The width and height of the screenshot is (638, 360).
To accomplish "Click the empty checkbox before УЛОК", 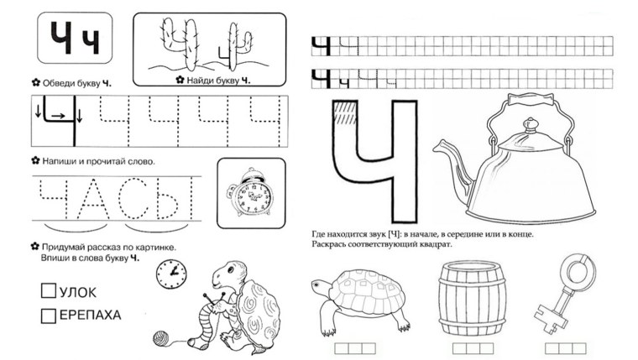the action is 49,290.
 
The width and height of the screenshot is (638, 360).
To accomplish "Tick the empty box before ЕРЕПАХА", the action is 49,316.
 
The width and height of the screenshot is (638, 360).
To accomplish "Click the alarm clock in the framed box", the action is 250,192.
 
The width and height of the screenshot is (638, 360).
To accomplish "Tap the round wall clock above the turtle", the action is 172,274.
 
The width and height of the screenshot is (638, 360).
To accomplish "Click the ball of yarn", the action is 161,338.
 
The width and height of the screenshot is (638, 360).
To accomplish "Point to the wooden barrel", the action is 473,298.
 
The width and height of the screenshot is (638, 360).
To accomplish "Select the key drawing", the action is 566,291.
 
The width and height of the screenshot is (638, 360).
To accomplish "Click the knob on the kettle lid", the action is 531,124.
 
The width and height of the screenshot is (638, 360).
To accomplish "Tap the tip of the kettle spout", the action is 436,149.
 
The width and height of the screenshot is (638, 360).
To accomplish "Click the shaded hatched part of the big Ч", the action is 345,112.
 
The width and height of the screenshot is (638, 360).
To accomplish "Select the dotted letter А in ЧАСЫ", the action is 93,199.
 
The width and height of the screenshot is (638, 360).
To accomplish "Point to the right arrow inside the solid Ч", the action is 58,116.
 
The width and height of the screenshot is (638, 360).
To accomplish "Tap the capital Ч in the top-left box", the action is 61,38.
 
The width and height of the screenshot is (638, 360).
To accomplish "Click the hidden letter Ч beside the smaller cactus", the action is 224,54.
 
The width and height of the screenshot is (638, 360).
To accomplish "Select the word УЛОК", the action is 78,293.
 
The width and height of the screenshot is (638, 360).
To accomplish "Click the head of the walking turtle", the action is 320,285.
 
